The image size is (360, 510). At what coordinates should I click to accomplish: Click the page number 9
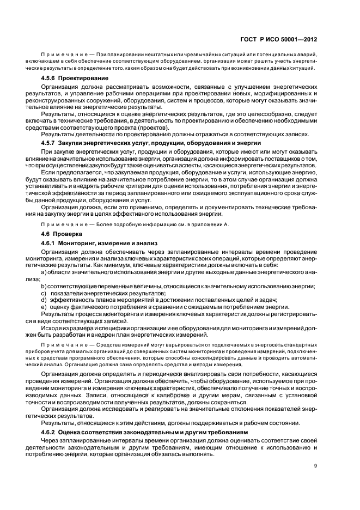315,465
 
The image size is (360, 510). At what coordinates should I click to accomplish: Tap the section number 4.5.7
50,142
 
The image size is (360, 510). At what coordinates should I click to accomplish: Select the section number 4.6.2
50,416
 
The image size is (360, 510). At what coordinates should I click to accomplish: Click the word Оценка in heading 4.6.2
74,416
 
